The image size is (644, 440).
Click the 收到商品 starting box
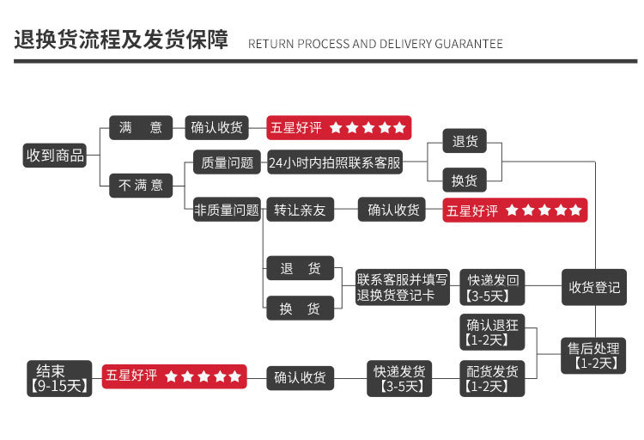pyautogui.click(x=56, y=156)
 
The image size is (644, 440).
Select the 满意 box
pyautogui.click(x=141, y=128)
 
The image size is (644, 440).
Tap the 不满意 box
pyautogui.click(x=141, y=185)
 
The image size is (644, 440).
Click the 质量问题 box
pyautogui.click(x=227, y=162)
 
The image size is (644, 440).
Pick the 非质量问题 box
pyautogui.click(x=227, y=210)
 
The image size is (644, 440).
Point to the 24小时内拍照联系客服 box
pyautogui.click(x=335, y=162)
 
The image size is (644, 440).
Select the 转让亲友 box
pyautogui.click(x=300, y=210)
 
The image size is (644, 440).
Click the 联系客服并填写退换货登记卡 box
pyautogui.click(x=403, y=287)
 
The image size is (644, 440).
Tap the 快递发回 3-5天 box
pyautogui.click(x=493, y=287)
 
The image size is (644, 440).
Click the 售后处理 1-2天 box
pyautogui.click(x=593, y=356)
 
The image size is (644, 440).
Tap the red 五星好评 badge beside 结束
pyautogui.click(x=174, y=376)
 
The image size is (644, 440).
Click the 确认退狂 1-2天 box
pyautogui.click(x=493, y=332)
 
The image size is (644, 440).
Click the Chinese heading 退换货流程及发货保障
pyautogui.click(x=120, y=40)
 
